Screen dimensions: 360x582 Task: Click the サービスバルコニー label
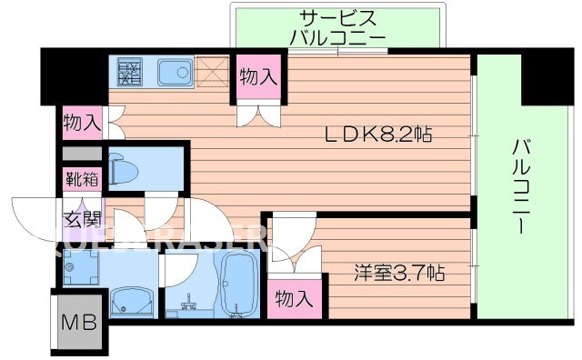[338, 27]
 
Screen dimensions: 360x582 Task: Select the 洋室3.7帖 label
[400, 271]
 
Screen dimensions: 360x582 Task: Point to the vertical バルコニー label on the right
[519, 186]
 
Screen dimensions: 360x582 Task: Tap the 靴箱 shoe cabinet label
[79, 179]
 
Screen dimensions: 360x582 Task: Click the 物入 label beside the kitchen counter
[257, 78]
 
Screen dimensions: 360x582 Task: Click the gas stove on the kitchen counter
[127, 70]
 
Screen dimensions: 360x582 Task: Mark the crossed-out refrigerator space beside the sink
[215, 70]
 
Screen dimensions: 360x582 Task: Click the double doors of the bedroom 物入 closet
[296, 259]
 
